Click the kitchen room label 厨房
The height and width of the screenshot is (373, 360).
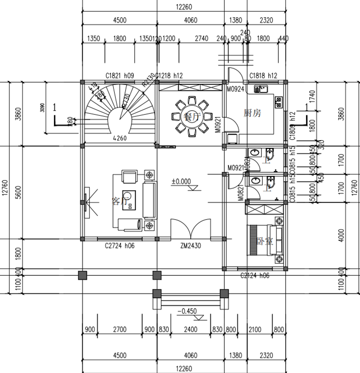tap(252, 113)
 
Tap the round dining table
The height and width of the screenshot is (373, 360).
tap(191, 117)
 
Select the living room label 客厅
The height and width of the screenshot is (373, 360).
tap(119, 201)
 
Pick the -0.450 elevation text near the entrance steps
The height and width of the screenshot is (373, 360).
tap(188, 311)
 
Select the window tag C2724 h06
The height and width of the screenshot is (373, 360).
tap(120, 246)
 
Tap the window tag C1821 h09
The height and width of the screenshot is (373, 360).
tap(118, 76)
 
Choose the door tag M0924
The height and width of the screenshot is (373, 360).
tap(235, 90)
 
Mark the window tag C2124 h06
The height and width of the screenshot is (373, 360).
tap(255, 275)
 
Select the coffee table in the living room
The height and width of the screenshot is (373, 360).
tap(130, 201)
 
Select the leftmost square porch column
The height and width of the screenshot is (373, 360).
tap(82, 274)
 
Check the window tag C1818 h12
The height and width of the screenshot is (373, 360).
tap(263, 76)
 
